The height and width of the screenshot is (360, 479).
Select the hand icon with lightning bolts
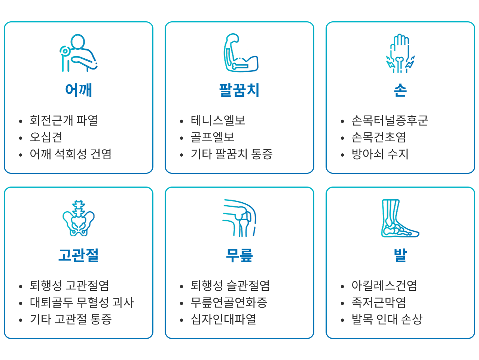400,53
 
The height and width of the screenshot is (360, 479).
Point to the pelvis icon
79,218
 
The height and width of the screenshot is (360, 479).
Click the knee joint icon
239,218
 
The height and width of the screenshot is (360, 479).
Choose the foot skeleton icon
400,218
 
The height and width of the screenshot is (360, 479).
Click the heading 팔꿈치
239,90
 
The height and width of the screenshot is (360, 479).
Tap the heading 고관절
79,255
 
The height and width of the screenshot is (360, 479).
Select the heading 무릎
239,255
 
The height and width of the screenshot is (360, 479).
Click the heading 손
400,90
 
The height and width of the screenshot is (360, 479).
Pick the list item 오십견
46,137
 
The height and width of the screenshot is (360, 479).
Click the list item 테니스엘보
218,120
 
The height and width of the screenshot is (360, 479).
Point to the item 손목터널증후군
390,120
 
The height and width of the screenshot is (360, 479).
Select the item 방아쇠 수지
380,154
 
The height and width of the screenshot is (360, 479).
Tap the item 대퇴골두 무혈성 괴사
82,302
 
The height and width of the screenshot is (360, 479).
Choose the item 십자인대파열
223,320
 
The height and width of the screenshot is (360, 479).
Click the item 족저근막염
379,302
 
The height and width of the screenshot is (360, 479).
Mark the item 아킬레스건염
384,286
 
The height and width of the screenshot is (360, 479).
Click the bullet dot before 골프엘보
181,138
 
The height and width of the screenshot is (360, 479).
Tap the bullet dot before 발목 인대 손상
342,320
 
